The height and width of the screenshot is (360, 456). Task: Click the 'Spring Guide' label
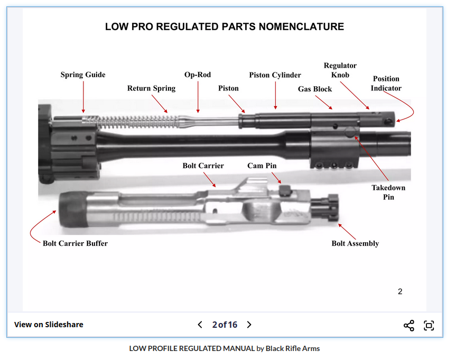tap(82, 75)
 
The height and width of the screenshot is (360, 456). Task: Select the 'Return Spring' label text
tap(151, 88)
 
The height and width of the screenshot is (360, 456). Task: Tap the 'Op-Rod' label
tap(198, 75)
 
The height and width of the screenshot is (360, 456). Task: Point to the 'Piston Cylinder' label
tap(275, 75)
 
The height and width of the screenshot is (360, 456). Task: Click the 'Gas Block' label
tap(315, 89)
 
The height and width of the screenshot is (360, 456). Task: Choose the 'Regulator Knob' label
tap(340, 70)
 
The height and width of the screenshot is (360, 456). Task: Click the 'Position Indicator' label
tap(386, 84)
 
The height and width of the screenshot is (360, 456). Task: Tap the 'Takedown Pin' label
tap(388, 192)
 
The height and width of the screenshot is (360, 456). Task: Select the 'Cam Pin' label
tap(262, 166)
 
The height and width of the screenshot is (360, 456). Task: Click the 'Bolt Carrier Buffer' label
tap(75, 244)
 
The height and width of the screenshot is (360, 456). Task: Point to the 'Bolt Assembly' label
tap(355, 244)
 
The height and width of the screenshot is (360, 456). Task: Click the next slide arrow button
tap(249, 325)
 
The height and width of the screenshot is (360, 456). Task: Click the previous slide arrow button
tap(200, 325)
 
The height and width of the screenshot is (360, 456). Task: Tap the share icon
tap(408, 326)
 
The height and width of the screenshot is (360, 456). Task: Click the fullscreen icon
tap(429, 326)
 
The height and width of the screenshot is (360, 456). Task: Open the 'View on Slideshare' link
tap(49, 325)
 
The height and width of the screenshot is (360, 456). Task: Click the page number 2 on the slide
tap(400, 291)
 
